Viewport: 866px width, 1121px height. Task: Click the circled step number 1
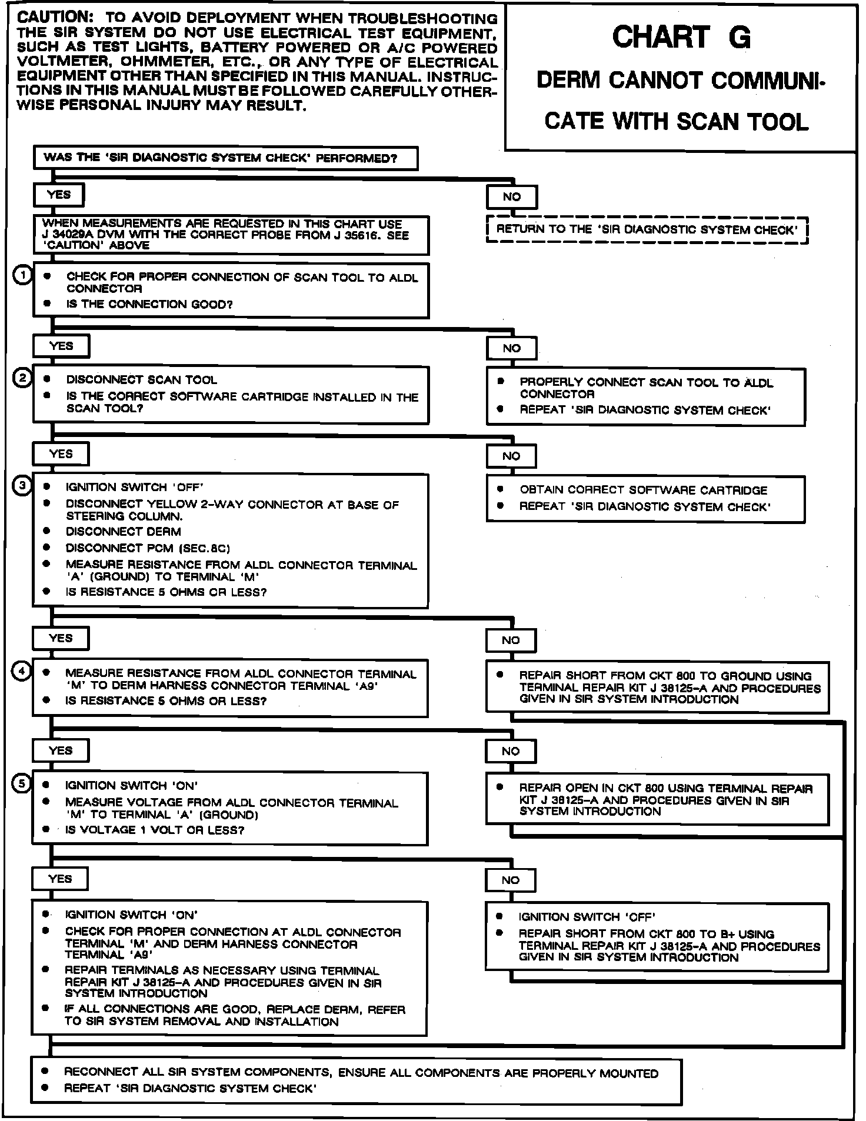(x=22, y=275)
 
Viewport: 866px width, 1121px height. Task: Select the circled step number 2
(x=21, y=378)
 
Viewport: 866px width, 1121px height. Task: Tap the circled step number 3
(x=22, y=486)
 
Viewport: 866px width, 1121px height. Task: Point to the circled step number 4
(x=22, y=671)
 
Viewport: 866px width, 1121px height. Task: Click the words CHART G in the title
(x=681, y=38)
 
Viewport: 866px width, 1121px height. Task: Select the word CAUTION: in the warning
(x=53, y=18)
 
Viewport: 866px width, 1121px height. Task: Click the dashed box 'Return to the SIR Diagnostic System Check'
(x=647, y=230)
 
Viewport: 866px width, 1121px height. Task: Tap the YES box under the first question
(x=59, y=195)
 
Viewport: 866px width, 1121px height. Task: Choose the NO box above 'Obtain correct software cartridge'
(x=511, y=456)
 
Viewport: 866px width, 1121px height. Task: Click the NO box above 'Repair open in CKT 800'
(x=511, y=751)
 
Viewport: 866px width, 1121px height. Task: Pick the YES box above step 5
(x=61, y=750)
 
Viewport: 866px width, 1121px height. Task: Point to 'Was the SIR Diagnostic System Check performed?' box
(x=225, y=158)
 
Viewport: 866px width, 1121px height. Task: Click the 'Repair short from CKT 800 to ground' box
(x=657, y=688)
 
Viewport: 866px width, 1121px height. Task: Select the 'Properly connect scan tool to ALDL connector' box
(x=645, y=396)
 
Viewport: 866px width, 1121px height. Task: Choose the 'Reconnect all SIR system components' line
(x=361, y=1073)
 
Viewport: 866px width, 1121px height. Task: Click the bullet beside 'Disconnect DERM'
(x=46, y=531)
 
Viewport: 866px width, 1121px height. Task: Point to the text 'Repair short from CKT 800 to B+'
(x=646, y=934)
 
